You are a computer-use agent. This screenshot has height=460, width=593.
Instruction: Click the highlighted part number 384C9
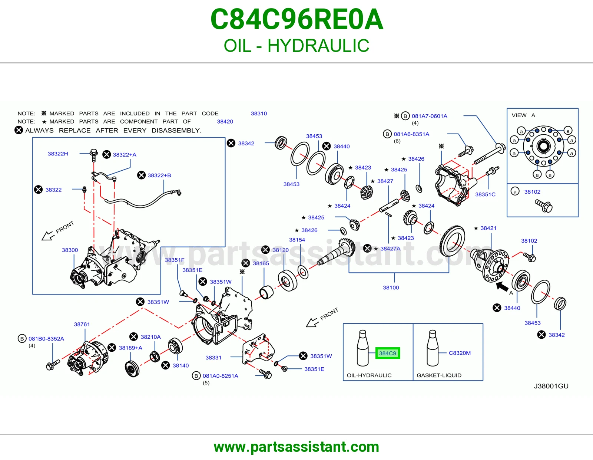(x=388, y=353)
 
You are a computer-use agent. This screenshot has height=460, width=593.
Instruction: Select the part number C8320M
(x=460, y=353)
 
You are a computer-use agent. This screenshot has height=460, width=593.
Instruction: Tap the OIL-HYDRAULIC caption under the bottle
(x=369, y=375)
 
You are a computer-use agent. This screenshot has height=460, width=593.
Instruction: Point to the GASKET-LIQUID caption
(x=439, y=375)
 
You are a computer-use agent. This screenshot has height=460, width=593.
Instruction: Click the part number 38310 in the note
(x=259, y=114)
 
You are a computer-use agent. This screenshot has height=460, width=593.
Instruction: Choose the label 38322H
(x=58, y=154)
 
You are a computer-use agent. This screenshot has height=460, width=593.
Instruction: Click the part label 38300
(x=70, y=250)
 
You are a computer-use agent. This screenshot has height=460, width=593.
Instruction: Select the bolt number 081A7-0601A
(x=429, y=116)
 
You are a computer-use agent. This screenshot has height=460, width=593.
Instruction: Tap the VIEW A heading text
(x=523, y=115)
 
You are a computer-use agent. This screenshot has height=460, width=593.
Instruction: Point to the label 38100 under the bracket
(x=391, y=287)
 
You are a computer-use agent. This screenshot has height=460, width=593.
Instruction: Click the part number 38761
(x=82, y=324)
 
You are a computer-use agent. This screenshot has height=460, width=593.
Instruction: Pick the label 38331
(x=213, y=358)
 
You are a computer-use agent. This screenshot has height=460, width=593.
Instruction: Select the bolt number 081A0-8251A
(x=220, y=376)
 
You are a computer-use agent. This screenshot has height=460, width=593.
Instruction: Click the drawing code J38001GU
(x=551, y=386)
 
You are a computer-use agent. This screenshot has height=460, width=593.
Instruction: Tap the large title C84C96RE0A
(x=296, y=19)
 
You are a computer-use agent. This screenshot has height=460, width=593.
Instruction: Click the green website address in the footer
(x=296, y=447)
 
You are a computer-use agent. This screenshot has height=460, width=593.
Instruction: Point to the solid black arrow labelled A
(x=502, y=287)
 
